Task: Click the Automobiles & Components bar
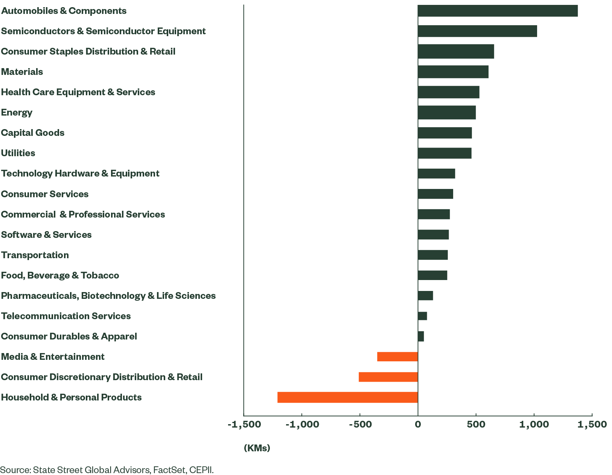(x=498, y=11)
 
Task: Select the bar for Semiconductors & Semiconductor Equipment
(x=477, y=31)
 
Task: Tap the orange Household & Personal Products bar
(x=347, y=397)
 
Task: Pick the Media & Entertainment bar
(x=397, y=356)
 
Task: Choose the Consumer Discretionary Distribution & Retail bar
(x=388, y=377)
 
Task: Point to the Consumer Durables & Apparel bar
(x=421, y=336)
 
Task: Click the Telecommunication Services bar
(x=423, y=316)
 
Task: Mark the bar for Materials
(x=453, y=72)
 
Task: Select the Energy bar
(x=447, y=113)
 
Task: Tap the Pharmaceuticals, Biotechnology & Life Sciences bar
(x=426, y=295)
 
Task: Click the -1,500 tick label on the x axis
(x=244, y=425)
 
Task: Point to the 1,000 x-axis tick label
(x=534, y=425)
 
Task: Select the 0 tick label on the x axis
(x=418, y=425)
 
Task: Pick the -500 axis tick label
(x=360, y=425)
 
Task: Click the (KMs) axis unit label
(x=257, y=448)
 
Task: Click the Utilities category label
(x=18, y=153)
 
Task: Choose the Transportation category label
(x=35, y=255)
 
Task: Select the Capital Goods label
(x=33, y=133)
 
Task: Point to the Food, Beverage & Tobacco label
(x=60, y=276)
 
